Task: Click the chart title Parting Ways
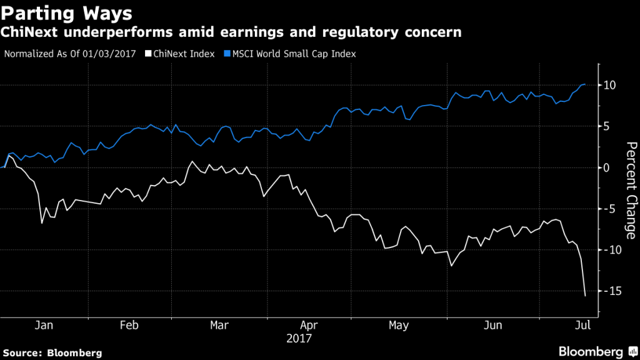click(x=67, y=13)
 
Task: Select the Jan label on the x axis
click(x=43, y=326)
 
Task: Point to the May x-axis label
click(x=398, y=326)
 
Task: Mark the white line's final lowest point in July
click(x=585, y=296)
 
